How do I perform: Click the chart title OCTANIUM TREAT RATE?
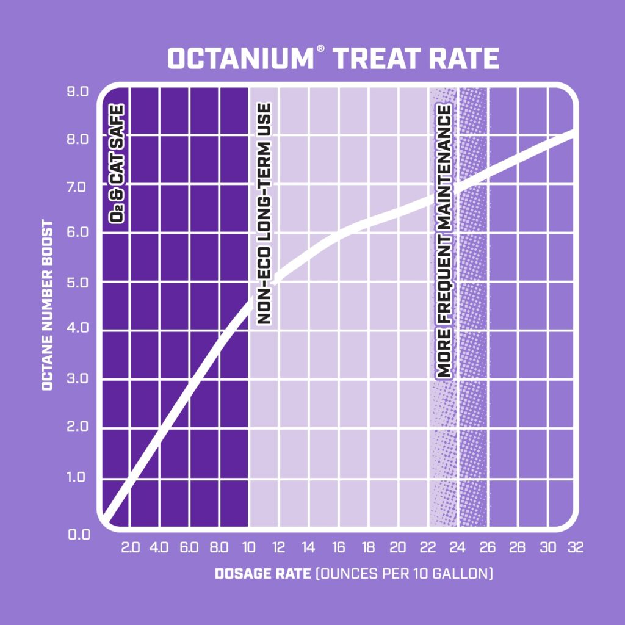tap(333, 59)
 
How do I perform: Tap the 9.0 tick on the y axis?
tap(78, 92)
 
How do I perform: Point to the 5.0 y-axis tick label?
tap(78, 283)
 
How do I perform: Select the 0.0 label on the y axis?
tap(78, 535)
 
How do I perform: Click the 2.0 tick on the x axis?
tap(131, 547)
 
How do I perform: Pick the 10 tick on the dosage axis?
tap(248, 547)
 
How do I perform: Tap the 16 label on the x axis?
tap(338, 547)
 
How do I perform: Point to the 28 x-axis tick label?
tap(516, 547)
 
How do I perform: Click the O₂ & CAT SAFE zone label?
tap(116, 169)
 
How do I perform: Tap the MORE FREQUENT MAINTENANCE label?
tap(444, 241)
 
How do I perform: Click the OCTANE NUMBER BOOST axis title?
tap(47, 305)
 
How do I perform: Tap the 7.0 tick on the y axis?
tap(78, 187)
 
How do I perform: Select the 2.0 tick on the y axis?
tap(78, 426)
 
